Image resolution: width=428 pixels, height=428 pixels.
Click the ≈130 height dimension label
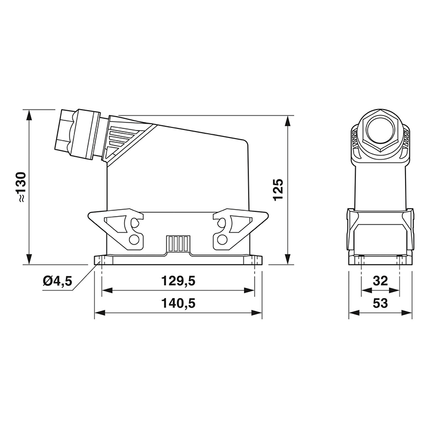pyautogui.click(x=20, y=187)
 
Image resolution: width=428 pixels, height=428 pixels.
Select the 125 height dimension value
pyautogui.click(x=278, y=189)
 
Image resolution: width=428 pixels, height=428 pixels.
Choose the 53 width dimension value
pyautogui.click(x=380, y=303)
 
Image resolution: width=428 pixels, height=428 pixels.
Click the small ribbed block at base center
pyautogui.click(x=178, y=243)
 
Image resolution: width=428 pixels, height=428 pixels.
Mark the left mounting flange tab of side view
pyautogui.click(x=101, y=261)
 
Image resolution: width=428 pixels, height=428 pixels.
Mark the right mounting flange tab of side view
pyautogui.click(x=256, y=261)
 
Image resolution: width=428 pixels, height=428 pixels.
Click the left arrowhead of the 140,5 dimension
pyautogui.click(x=98, y=312)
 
